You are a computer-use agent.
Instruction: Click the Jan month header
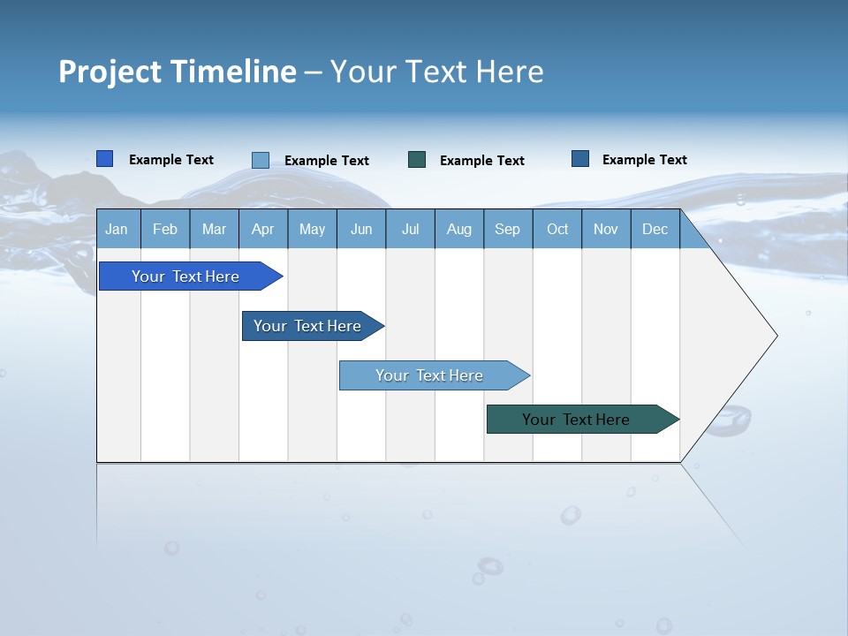tap(117, 229)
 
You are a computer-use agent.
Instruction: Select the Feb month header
tap(165, 229)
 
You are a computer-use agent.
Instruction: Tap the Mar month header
tap(214, 229)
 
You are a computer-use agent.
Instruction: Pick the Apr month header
tap(263, 229)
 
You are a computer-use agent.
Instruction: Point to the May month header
tap(312, 229)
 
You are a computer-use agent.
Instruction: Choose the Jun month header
tap(361, 229)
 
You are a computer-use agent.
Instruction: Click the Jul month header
tap(410, 229)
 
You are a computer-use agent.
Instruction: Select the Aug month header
tap(459, 229)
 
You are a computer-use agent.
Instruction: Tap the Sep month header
tap(508, 229)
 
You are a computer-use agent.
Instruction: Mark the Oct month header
tap(557, 229)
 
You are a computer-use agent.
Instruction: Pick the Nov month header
tap(606, 229)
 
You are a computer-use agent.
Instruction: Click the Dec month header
tap(655, 229)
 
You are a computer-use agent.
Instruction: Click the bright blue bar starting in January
tap(185, 276)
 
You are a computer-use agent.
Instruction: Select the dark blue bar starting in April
tap(307, 326)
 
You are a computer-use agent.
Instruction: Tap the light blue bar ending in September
tap(429, 375)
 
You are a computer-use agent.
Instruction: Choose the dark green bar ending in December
tap(576, 420)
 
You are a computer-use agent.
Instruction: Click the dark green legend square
tap(417, 160)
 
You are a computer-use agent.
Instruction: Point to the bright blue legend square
tap(105, 159)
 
